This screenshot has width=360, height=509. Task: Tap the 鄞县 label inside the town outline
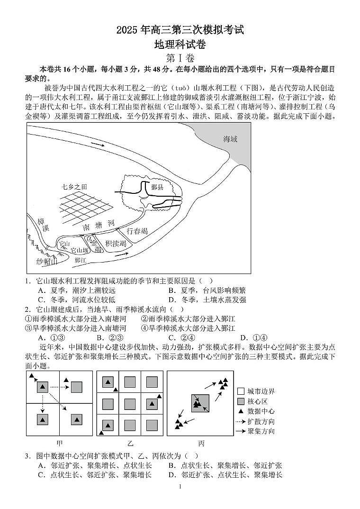click(157, 187)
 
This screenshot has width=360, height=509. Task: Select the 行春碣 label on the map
click(137, 231)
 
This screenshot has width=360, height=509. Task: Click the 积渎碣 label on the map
click(116, 244)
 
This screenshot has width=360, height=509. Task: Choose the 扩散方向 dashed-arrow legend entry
click(256, 421)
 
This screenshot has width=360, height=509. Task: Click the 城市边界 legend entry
click(256, 391)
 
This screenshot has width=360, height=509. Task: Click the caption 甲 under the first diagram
click(59, 444)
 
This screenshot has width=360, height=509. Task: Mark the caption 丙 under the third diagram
click(201, 444)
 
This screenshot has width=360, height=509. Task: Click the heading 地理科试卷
click(180, 45)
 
